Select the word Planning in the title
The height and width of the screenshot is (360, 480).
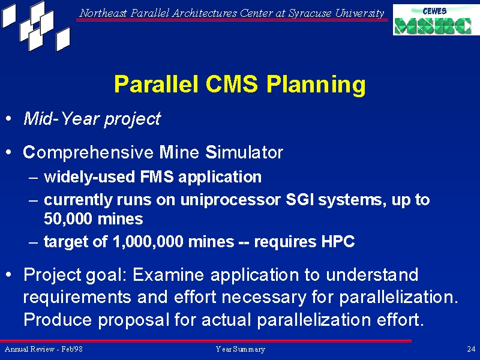[316, 85]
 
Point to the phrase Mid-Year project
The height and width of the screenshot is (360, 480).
[92, 119]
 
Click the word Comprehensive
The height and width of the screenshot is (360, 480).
[88, 152]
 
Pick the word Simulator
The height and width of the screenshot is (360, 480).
[244, 152]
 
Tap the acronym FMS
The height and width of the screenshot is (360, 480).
[157, 176]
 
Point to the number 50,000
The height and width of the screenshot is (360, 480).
[68, 219]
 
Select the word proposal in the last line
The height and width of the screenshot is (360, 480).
[133, 320]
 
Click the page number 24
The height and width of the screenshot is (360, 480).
[471, 349]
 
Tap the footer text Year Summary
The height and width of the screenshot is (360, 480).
[241, 349]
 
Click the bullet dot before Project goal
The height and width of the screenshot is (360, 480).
[9, 274]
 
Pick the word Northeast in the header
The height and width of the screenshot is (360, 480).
[103, 13]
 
